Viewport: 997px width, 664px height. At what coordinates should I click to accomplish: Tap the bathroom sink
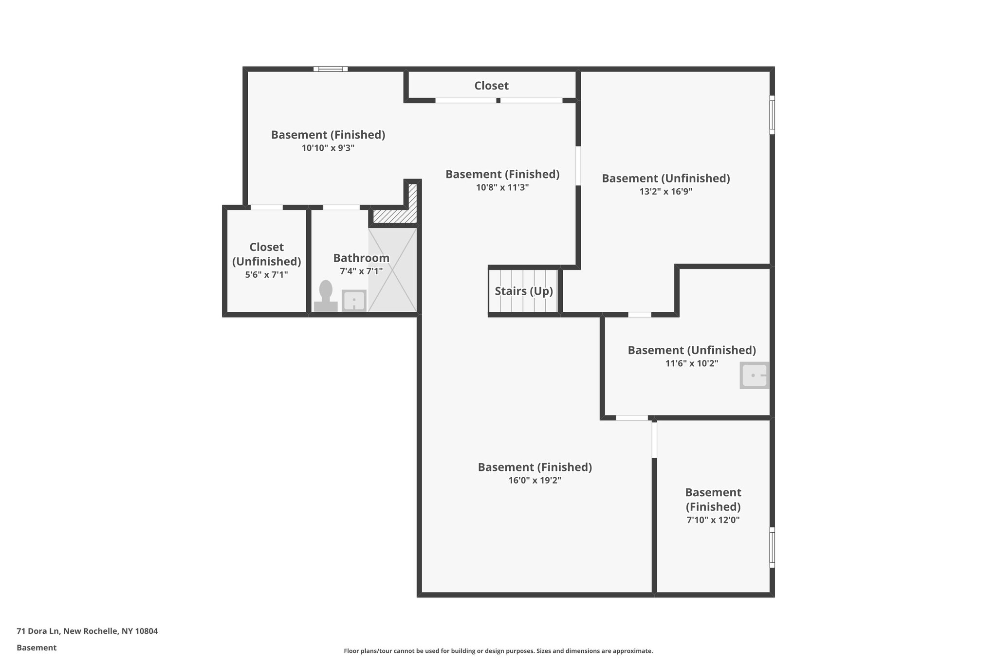(x=354, y=300)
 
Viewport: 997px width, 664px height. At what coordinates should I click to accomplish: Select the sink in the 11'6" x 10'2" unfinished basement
(x=754, y=375)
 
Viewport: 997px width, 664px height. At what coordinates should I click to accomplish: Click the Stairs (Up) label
(x=524, y=291)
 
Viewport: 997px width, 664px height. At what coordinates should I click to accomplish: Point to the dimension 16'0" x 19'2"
(x=535, y=480)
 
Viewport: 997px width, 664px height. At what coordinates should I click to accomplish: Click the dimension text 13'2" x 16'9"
(x=665, y=191)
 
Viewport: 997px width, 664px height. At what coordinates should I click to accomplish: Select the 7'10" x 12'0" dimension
(x=713, y=520)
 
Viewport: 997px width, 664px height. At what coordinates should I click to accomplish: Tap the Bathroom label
(x=361, y=258)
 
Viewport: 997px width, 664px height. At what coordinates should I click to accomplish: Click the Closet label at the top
(x=491, y=86)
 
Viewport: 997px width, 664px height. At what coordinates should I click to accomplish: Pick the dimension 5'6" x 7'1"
(x=266, y=274)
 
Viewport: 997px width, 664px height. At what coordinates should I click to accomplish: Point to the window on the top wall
(x=331, y=69)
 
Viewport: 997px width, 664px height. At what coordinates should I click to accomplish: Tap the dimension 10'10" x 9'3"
(x=328, y=148)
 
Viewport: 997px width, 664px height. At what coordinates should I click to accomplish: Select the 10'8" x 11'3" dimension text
(x=502, y=187)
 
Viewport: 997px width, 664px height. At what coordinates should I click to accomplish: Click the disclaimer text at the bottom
(x=498, y=651)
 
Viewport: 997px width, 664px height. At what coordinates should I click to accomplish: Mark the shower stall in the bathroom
(x=392, y=270)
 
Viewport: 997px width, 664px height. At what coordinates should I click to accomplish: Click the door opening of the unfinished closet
(x=267, y=208)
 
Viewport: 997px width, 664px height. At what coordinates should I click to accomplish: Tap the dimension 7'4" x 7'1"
(x=361, y=271)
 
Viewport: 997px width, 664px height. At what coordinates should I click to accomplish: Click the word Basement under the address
(x=37, y=647)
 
